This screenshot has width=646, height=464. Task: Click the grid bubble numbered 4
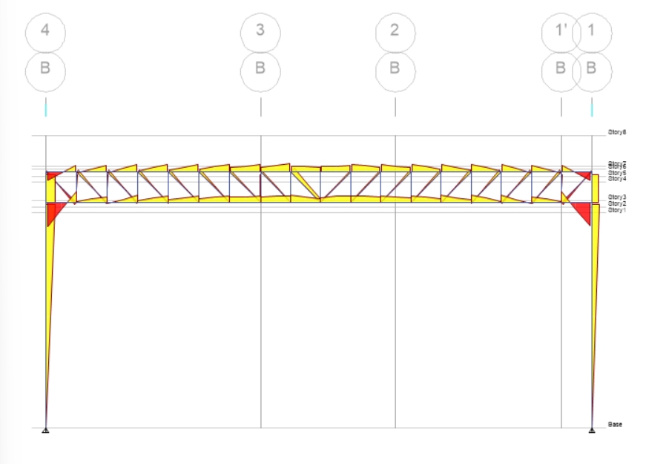click(45, 30)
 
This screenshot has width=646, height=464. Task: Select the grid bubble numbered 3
click(260, 30)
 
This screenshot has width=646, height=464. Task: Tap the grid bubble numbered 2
click(395, 30)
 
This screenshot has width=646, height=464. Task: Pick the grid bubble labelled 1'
click(561, 30)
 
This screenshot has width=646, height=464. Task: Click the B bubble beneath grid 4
click(45, 69)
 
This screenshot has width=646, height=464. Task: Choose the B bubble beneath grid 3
click(260, 69)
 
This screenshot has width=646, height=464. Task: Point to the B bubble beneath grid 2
click(395, 69)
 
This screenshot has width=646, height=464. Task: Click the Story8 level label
click(617, 132)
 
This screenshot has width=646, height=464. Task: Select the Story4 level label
click(617, 179)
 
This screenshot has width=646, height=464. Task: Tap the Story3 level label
click(617, 197)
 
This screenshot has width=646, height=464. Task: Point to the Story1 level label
click(617, 210)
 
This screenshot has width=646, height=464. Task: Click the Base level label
click(616, 425)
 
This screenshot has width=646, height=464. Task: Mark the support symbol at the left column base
click(45, 430)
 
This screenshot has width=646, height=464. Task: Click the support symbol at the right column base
click(592, 430)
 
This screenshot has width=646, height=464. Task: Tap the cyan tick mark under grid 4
click(45, 107)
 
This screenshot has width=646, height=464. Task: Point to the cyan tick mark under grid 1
click(592, 107)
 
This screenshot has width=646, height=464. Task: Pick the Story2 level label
click(617, 203)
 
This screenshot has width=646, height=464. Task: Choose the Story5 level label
click(617, 173)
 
